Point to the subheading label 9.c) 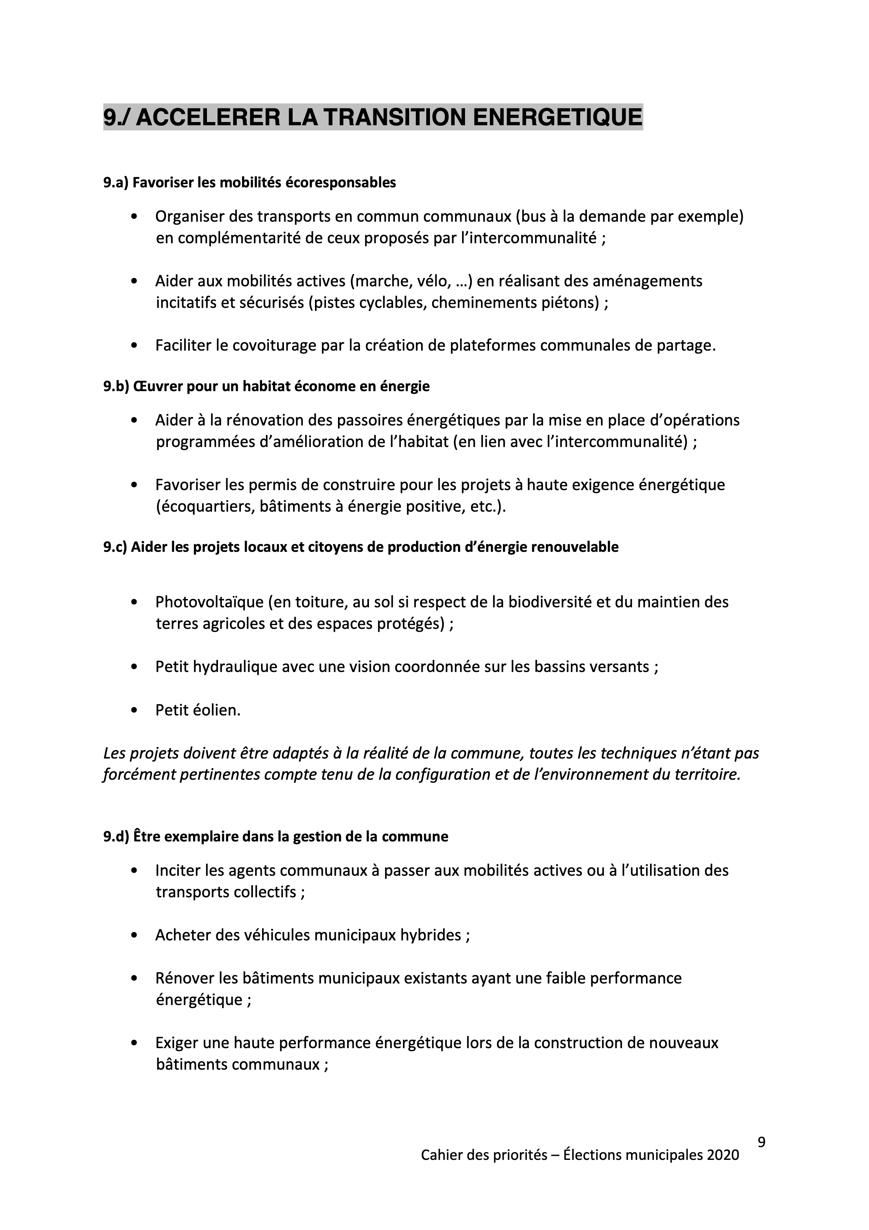coord(115,547)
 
